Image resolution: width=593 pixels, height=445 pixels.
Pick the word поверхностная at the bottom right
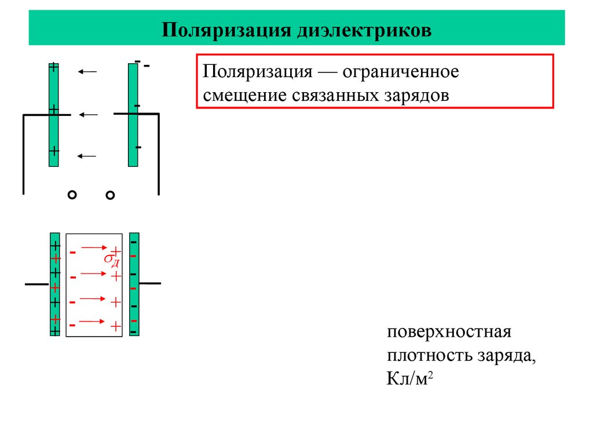tap(449, 333)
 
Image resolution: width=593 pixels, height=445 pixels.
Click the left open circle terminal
tap(72, 196)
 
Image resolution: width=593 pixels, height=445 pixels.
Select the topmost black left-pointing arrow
tap(87, 72)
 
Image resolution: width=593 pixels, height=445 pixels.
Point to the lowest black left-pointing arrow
tap(87, 156)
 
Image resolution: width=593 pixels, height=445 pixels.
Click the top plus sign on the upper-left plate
tap(54, 67)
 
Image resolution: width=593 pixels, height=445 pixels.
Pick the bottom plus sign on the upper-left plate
tap(54, 151)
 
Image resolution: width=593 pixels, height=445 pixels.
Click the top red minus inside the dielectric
tap(73, 253)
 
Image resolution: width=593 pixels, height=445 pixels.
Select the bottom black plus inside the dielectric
tap(116, 327)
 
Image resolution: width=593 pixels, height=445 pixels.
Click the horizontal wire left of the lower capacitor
tap(36, 284)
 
